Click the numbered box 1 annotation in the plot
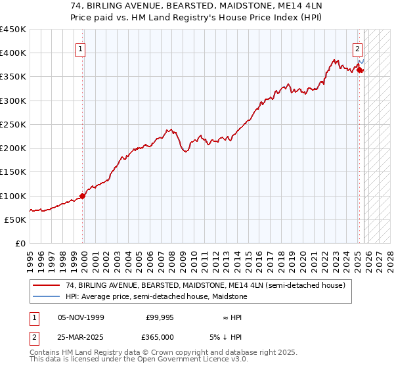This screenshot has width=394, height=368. (80, 48)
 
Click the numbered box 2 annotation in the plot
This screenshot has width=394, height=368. (358, 48)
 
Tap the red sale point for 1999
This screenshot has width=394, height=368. (83, 195)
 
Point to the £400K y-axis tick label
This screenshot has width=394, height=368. (13, 53)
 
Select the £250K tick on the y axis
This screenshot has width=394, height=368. (13, 124)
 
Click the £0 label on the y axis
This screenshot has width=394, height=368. (20, 243)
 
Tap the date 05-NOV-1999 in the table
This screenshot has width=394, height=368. (81, 317)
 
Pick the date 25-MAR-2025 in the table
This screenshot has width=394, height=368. (81, 337)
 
